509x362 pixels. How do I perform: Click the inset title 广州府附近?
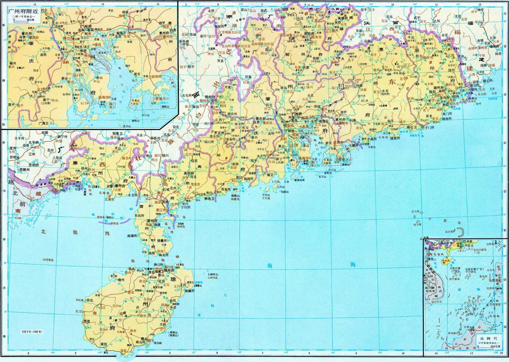coord(23,11)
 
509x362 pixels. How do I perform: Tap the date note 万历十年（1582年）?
coord(32,332)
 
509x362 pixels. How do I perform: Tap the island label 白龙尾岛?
coord(48,260)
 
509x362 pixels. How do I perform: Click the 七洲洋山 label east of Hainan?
coord(213,275)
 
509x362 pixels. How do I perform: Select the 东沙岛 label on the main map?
coord(449,232)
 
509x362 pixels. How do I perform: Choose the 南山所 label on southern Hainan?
coord(140,342)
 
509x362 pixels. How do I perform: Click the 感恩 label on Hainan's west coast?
coord(87,322)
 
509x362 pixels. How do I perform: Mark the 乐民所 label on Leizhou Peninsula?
coord(139,215)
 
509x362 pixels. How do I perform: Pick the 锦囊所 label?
coord(162,241)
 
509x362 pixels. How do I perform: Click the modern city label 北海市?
coord(109,199)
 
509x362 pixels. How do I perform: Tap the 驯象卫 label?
coord(117,133)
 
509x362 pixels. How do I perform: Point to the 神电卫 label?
coord(209,199)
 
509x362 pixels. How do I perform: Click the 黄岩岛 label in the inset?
coord(483,276)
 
